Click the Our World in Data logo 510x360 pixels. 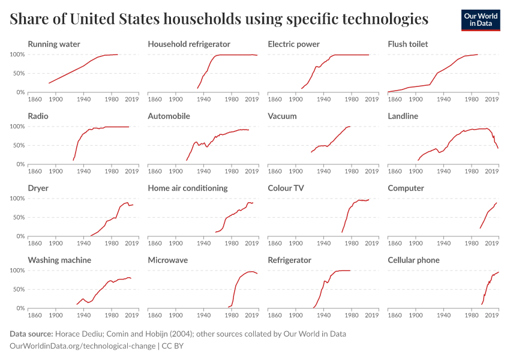tap(481, 20)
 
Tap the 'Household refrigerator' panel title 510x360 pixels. tap(189, 44)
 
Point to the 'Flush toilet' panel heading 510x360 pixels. tap(408, 44)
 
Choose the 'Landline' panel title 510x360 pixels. tap(403, 116)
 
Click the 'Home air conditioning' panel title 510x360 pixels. tap(188, 188)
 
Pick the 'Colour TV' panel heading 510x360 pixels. tap(286, 188)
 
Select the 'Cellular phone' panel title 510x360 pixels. tap(414, 260)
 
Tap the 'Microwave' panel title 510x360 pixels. tap(168, 260)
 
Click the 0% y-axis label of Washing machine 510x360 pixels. tap(21, 308)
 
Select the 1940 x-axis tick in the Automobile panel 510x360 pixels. tap(203, 172)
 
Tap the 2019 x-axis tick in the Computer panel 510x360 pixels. tap(491, 244)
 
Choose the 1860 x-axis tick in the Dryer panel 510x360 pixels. tap(35, 244)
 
